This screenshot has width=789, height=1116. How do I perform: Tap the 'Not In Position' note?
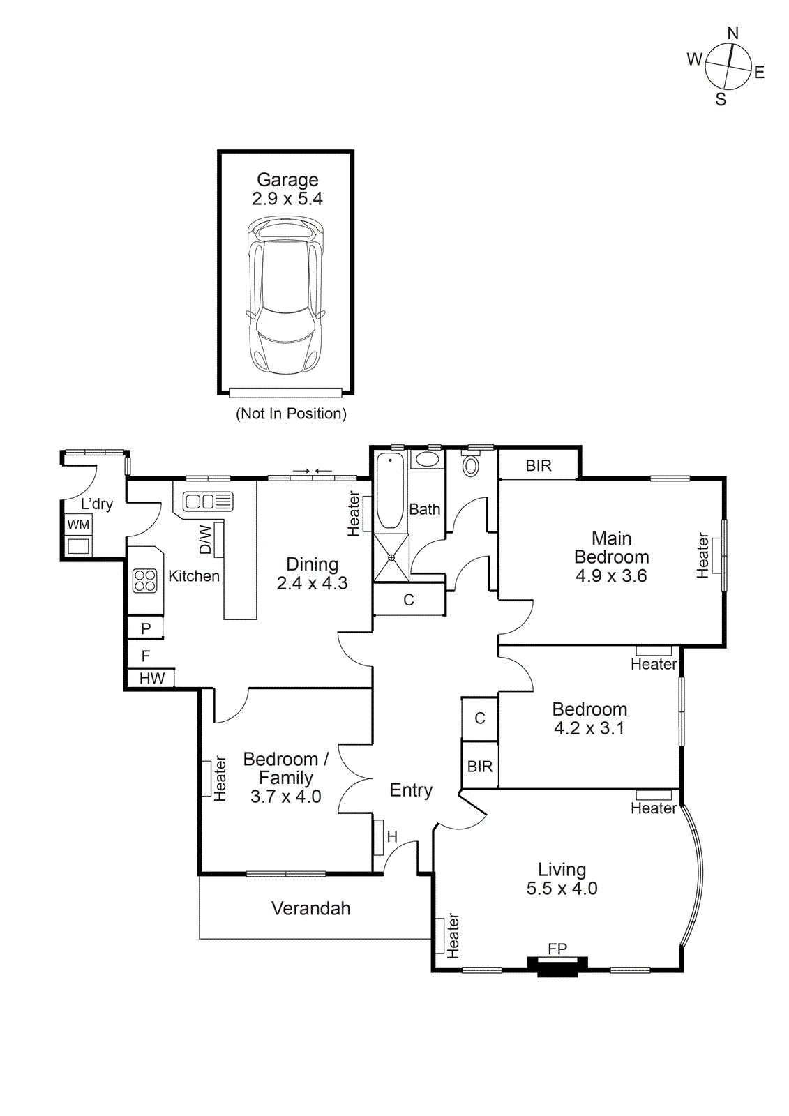point(291,414)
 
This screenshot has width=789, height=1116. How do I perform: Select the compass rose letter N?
point(732,33)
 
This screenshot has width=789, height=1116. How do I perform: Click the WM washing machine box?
point(78,525)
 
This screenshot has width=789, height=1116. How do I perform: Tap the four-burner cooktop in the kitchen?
point(145,580)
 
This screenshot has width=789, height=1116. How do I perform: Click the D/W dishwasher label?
point(205,539)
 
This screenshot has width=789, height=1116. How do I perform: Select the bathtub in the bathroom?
point(391,490)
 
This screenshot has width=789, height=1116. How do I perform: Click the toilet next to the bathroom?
point(471,465)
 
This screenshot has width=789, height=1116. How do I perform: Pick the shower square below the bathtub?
point(391,557)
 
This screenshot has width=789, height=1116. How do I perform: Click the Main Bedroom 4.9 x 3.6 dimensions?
point(611,576)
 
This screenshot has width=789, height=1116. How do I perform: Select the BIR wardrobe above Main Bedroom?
point(539,465)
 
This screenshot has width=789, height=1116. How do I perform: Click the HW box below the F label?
point(151,678)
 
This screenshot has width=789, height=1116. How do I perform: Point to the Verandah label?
point(310,908)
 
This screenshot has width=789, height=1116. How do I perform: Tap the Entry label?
point(411,790)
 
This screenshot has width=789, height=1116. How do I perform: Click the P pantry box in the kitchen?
point(146,628)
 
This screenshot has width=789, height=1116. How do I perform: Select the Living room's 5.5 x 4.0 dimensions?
point(562,889)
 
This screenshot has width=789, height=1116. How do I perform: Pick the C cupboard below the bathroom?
point(409,600)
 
